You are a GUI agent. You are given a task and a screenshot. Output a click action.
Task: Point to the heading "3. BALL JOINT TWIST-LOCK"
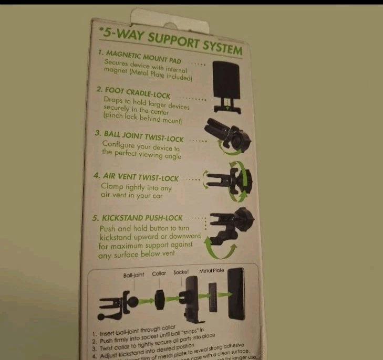(139, 135)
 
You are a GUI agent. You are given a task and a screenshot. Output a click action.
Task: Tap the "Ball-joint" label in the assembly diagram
(133, 276)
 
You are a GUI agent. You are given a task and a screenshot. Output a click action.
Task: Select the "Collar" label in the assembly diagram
(159, 274)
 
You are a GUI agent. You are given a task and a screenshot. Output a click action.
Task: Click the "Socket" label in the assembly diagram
(181, 272)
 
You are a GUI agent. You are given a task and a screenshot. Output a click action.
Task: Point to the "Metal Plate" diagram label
(211, 271)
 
